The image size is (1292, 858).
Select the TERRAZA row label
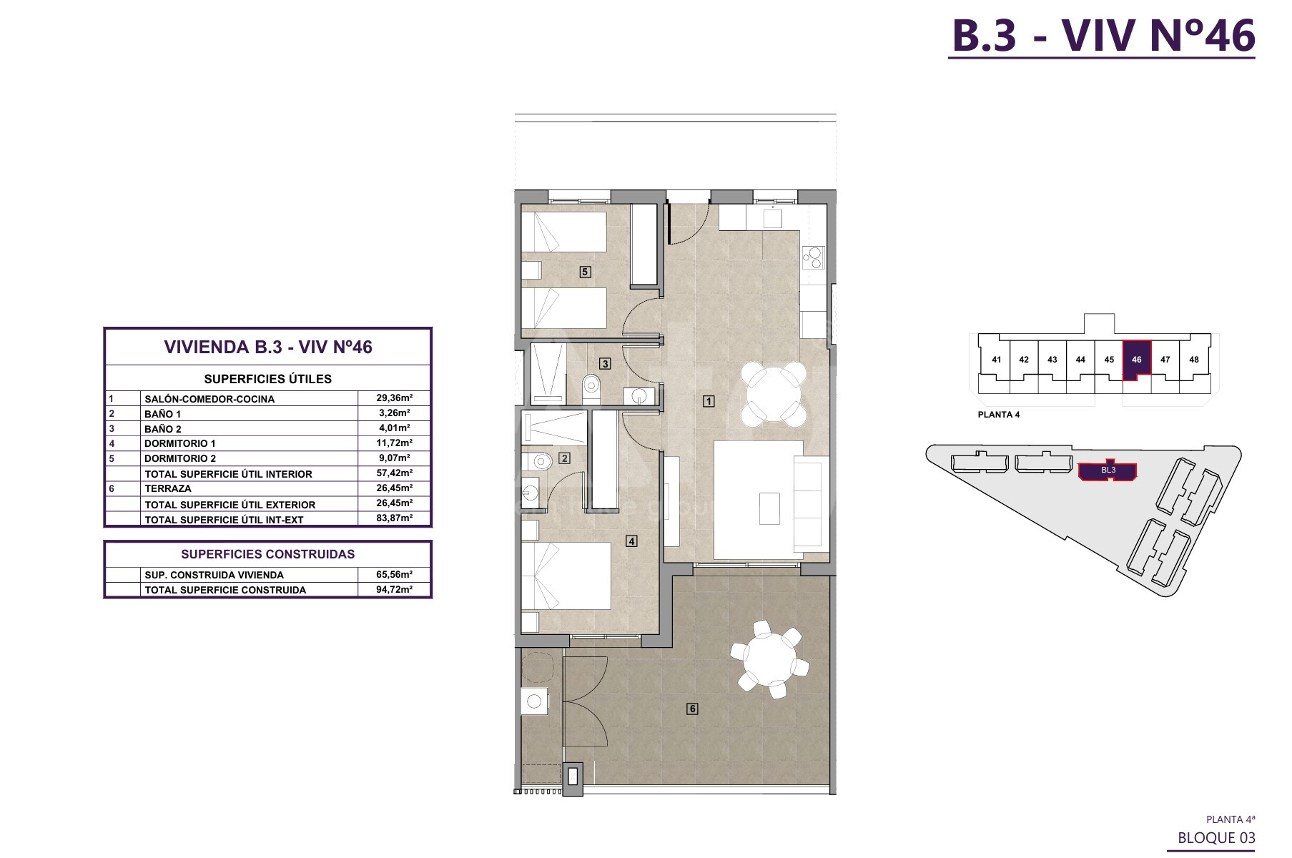168,488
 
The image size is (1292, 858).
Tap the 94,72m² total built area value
395,589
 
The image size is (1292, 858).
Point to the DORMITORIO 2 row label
180,458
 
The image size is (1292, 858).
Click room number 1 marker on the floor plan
709,401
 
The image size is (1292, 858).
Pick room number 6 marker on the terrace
692,709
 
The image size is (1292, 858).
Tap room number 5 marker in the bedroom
585,272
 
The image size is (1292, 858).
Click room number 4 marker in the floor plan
631,541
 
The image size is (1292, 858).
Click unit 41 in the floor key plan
997,360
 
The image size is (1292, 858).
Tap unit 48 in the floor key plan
1194,360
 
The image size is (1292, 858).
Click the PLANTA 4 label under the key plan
999,415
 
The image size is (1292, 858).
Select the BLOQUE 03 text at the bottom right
1216,837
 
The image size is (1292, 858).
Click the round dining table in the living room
773,394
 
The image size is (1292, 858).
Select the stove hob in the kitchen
813,257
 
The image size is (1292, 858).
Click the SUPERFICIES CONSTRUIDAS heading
267,554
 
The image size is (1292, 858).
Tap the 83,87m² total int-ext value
395,518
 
